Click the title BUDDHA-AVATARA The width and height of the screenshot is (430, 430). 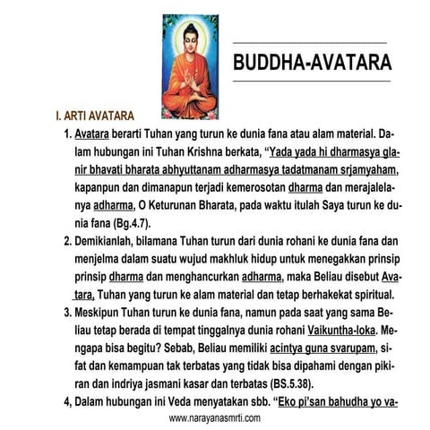[x=312, y=64]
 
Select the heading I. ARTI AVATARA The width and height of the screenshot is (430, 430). [x=95, y=116]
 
